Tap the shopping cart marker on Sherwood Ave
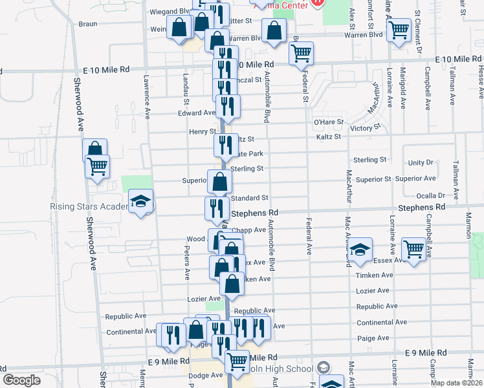point(97,166)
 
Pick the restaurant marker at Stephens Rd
point(215,208)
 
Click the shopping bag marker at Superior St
point(219,181)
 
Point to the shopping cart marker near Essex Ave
point(413,248)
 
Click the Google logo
point(21,380)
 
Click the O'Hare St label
point(328,122)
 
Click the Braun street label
point(87,24)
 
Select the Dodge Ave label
point(206,375)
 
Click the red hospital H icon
point(317,3)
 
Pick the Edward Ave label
point(196,113)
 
